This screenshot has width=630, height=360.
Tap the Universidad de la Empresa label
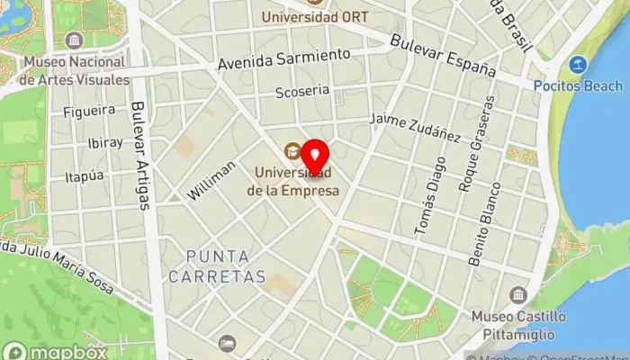(x=295, y=180)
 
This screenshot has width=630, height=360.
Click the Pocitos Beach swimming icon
(x=578, y=65)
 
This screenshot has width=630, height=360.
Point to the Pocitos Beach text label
(x=589, y=85)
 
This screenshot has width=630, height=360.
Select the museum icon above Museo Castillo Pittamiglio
(x=517, y=295)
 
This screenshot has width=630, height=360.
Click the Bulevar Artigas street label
(x=140, y=153)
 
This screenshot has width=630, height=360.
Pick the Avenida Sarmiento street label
(x=283, y=60)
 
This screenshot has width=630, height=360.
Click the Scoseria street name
(x=302, y=91)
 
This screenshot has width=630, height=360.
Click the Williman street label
(x=212, y=180)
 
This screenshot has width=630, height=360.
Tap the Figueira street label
(x=89, y=110)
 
